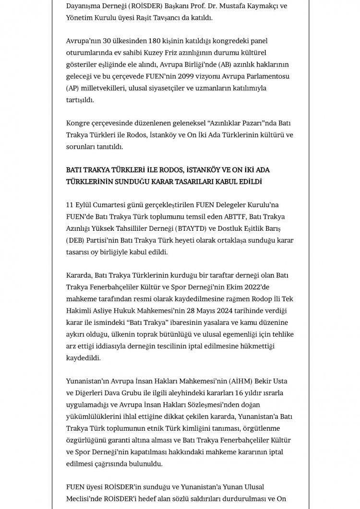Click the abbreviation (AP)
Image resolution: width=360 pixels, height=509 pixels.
pyautogui.click(x=74, y=89)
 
